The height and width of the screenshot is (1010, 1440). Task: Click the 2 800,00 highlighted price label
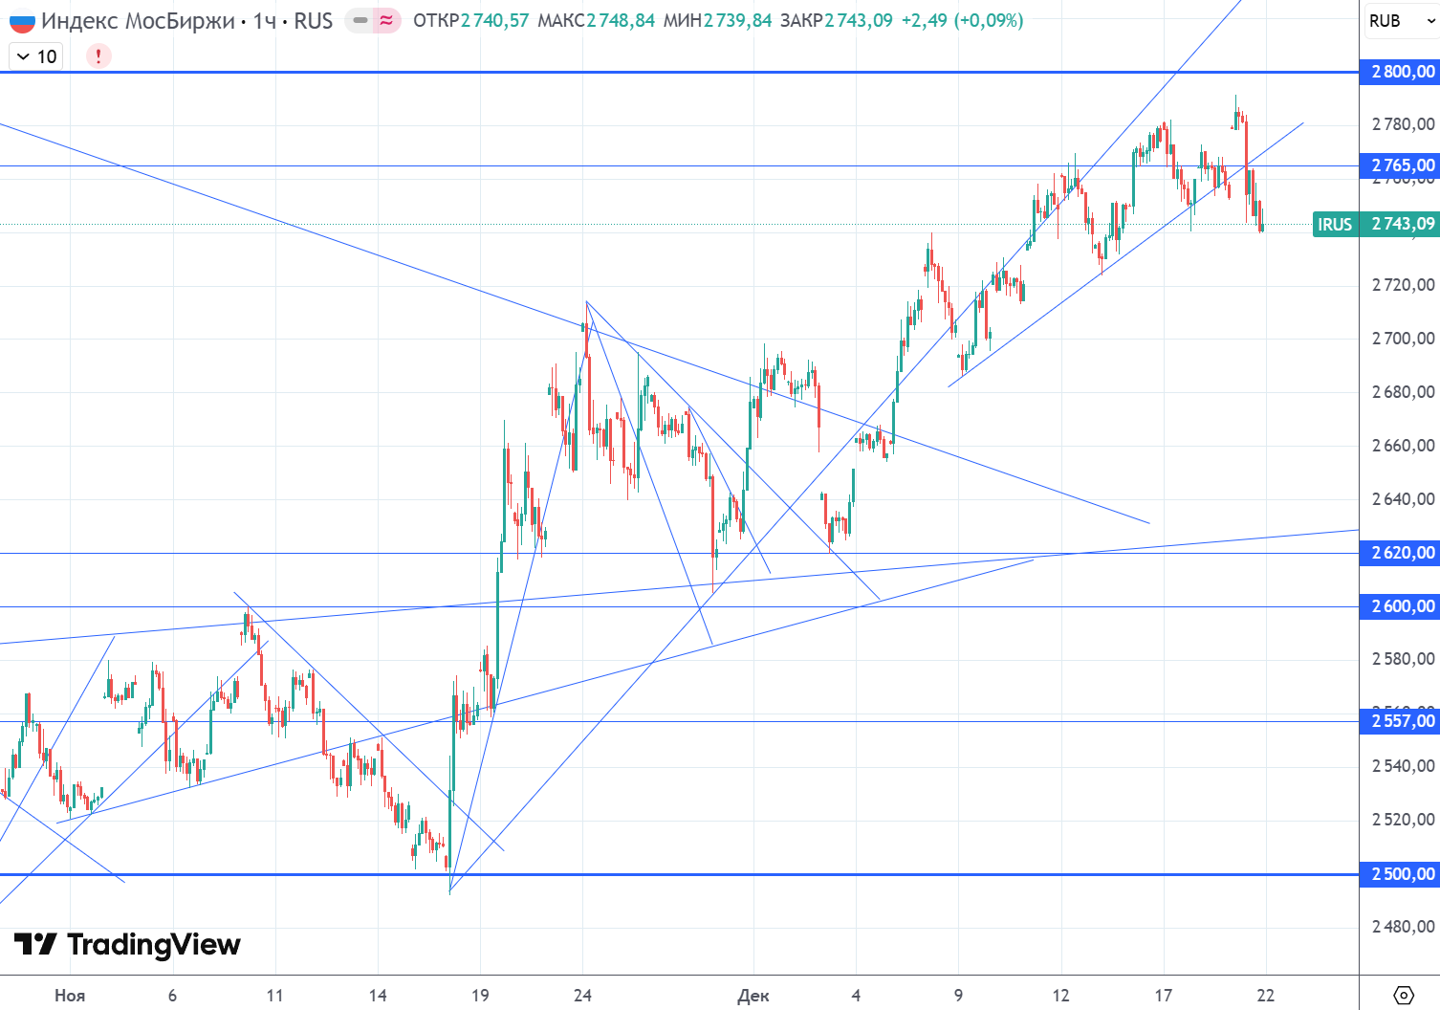(1401, 72)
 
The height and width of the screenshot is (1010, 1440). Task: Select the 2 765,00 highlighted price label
(1401, 165)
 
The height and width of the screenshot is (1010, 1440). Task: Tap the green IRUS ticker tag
(1335, 224)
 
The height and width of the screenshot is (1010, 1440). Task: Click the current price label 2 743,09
(1403, 224)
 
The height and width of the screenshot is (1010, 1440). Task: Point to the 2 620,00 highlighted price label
(1401, 553)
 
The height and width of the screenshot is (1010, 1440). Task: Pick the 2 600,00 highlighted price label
(1401, 606)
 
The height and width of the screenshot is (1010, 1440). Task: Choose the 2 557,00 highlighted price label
(1401, 721)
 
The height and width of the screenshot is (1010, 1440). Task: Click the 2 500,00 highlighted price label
(1401, 874)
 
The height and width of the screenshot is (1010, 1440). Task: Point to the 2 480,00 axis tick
(1403, 926)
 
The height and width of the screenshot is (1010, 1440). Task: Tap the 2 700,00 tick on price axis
(1403, 338)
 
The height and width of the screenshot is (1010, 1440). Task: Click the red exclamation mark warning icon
(98, 56)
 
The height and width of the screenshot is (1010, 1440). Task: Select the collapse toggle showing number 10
(36, 56)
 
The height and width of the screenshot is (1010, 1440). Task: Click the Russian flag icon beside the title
(22, 20)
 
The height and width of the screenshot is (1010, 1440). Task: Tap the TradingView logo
(127, 945)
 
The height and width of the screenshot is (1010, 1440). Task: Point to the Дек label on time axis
(753, 996)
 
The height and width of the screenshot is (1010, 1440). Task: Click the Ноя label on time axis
(70, 996)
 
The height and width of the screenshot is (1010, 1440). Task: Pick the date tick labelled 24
(582, 996)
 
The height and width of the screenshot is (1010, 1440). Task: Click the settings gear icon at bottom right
(1403, 995)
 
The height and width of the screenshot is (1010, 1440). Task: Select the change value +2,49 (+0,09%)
(962, 20)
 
